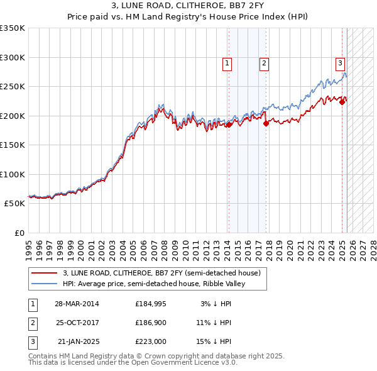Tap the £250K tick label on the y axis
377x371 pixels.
[x=13, y=87]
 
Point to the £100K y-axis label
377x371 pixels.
[x=13, y=174]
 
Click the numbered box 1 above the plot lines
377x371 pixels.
[x=226, y=63]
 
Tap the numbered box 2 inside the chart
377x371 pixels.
[x=265, y=63]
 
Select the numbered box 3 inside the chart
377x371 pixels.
[x=340, y=63]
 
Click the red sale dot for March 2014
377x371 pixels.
[x=229, y=125]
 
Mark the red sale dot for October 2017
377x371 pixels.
[x=266, y=123]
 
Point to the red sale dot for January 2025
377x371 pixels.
[x=342, y=102]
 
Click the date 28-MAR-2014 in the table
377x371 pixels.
[x=77, y=304]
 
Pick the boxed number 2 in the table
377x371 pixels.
[x=32, y=323]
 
